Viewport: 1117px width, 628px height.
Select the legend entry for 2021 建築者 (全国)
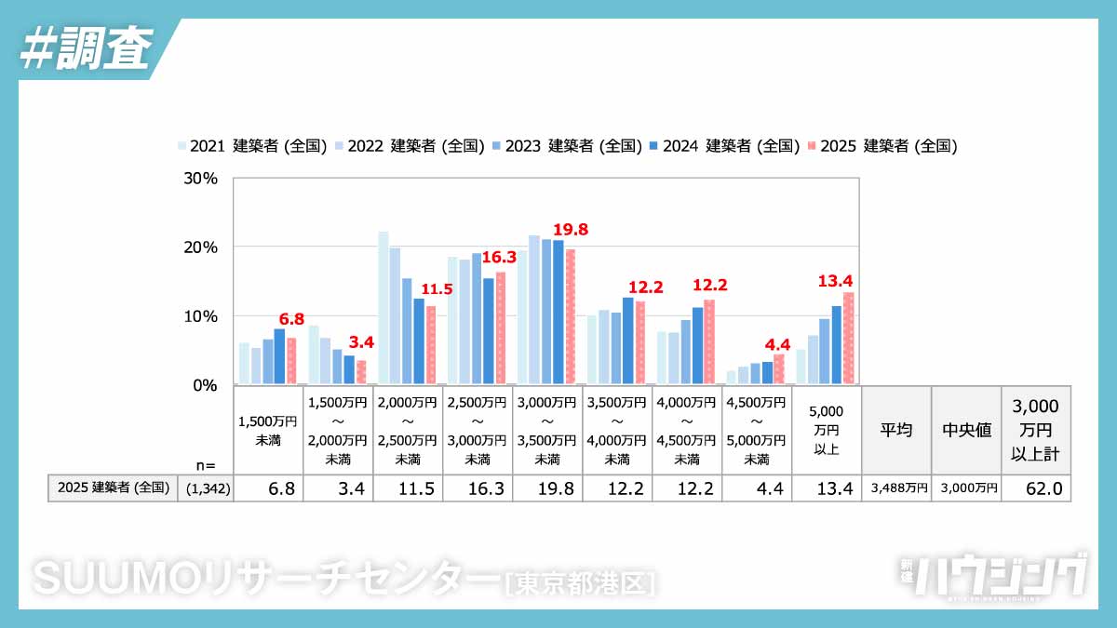252,146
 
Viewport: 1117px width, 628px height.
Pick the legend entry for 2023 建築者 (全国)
567,146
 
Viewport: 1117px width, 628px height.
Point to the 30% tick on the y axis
201,178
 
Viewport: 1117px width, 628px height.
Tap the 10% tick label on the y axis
201,316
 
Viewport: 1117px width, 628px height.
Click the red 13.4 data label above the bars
835,281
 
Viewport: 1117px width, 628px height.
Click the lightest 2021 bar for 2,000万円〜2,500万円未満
383,308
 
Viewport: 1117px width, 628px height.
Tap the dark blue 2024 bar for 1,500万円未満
279,356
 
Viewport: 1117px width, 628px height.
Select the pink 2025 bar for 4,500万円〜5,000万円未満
778,369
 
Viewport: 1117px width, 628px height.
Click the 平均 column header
896,431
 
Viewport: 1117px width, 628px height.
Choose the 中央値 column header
966,431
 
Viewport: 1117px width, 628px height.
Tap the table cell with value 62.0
1035,488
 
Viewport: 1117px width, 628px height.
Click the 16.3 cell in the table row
477,488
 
